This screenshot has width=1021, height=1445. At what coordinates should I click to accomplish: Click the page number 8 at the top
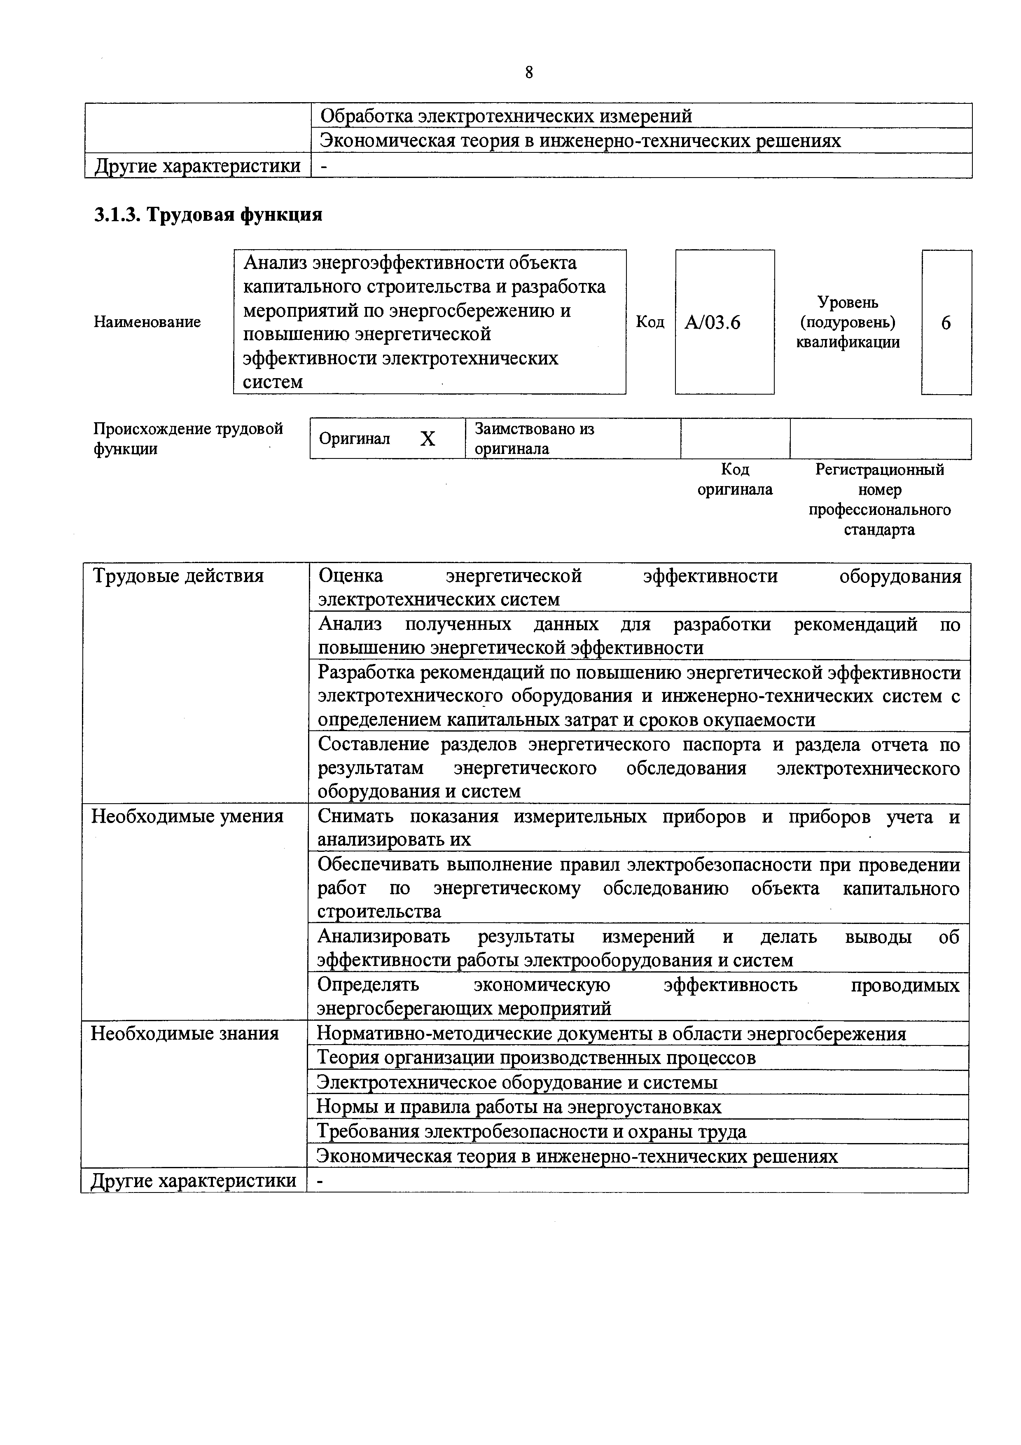528,73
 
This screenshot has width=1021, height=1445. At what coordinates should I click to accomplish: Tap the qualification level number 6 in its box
946,323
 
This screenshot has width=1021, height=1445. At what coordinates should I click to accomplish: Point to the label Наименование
147,322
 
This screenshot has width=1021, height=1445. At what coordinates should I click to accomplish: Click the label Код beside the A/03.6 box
650,322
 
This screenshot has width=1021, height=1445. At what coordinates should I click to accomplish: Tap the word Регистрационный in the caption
879,470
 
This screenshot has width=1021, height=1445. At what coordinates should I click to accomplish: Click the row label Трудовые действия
178,576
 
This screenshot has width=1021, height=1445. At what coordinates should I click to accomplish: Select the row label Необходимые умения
187,817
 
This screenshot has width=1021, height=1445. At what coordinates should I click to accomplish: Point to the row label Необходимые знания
185,1033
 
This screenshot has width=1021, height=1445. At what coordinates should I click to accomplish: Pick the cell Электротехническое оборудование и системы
517,1083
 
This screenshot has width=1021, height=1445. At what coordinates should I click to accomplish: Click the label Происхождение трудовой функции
188,439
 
